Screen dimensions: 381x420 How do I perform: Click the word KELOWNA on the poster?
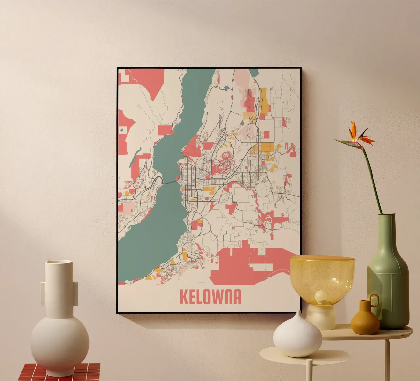(x=210, y=297)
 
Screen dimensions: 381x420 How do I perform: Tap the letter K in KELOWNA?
(x=184, y=297)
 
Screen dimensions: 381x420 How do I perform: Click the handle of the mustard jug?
(x=374, y=300)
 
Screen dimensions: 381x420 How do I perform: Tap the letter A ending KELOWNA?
(x=236, y=297)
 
